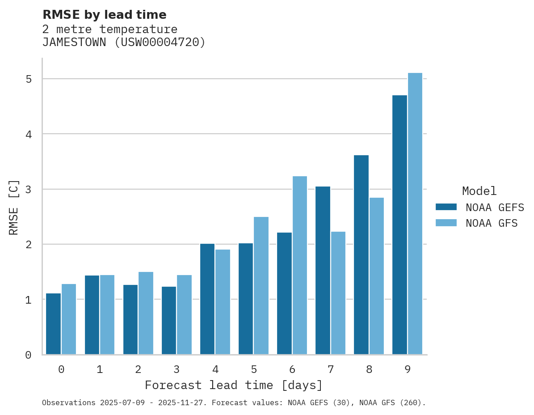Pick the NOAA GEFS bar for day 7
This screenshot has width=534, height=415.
(323, 270)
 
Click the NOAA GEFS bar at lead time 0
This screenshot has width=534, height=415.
(53, 324)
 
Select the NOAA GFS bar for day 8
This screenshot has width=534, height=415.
(376, 276)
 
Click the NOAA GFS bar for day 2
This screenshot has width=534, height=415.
(146, 313)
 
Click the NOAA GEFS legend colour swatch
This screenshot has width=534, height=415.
(446, 207)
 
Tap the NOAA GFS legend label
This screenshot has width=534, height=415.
(492, 223)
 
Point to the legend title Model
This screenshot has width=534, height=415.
(479, 191)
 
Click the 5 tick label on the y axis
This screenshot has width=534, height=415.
(28, 79)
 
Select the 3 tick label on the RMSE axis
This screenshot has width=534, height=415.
(28, 189)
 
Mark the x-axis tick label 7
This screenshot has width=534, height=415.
(331, 369)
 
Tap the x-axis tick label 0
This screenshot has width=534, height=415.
(61, 369)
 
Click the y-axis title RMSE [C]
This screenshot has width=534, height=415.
(14, 207)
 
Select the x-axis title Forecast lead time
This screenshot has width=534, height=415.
(233, 385)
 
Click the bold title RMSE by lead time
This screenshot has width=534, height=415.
(104, 15)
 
